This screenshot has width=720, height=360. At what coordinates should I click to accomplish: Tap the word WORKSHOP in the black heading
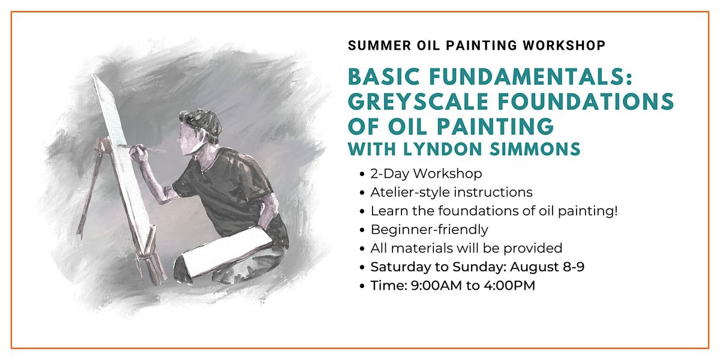coord(564,46)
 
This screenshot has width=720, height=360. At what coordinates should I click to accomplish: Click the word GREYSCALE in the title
coord(418,101)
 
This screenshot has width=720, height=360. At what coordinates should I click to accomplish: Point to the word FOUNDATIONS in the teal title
coord(586,101)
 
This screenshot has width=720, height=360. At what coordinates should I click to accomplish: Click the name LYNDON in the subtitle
coord(443,149)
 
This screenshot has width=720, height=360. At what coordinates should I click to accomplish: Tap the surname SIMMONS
coord(535,149)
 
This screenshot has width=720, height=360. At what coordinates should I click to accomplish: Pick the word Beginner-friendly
coord(430,230)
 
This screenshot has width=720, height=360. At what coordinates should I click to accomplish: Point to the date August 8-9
coord(547,267)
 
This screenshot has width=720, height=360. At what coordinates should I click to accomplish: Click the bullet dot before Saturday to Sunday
coord(362,268)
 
